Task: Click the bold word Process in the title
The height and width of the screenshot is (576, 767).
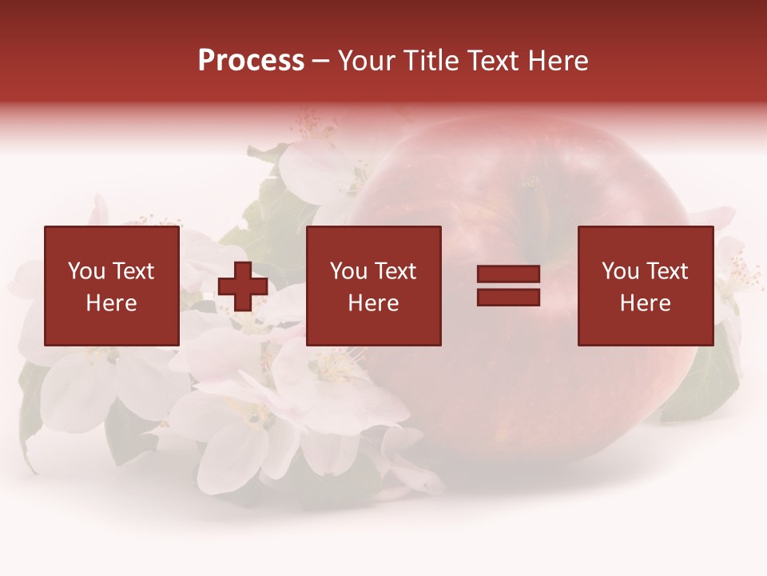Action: (251, 61)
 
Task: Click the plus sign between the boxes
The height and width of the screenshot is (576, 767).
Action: (243, 286)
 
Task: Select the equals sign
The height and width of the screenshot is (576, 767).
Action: (508, 286)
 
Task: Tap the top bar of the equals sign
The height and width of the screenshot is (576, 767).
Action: (508, 274)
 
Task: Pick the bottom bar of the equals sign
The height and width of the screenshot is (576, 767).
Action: (508, 297)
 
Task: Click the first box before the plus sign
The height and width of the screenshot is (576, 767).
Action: (111, 286)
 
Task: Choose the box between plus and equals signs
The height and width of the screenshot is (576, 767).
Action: (373, 286)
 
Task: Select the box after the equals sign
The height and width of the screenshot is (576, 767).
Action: (645, 286)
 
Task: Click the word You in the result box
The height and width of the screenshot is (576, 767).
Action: (620, 271)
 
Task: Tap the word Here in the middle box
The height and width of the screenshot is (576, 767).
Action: (373, 303)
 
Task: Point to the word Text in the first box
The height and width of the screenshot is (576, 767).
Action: (134, 271)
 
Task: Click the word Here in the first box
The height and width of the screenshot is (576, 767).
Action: (111, 303)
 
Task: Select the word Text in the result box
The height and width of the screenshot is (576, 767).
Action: (668, 271)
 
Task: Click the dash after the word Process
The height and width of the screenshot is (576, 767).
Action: (321, 62)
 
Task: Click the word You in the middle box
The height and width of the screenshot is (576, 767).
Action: (348, 271)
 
